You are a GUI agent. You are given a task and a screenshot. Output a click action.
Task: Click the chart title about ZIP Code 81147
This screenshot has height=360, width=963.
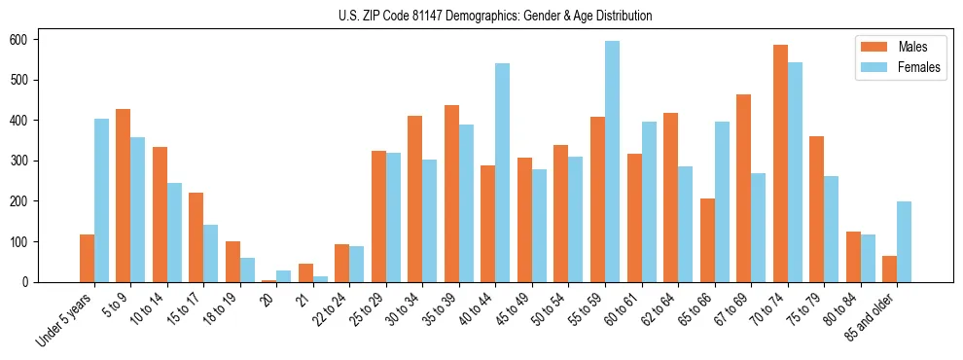coord(481,16)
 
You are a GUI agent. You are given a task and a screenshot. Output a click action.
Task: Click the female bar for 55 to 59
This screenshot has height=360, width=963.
coord(612,162)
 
